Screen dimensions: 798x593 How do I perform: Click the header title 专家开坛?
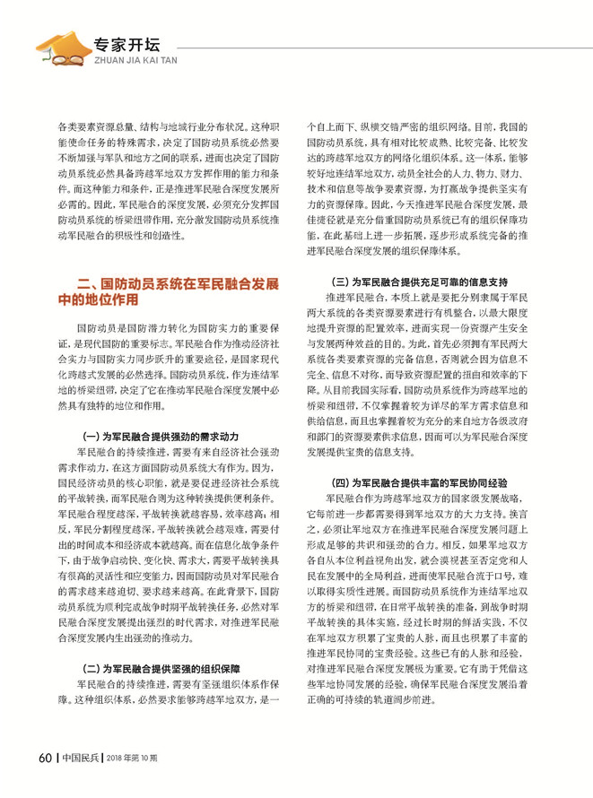pyautogui.click(x=127, y=41)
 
